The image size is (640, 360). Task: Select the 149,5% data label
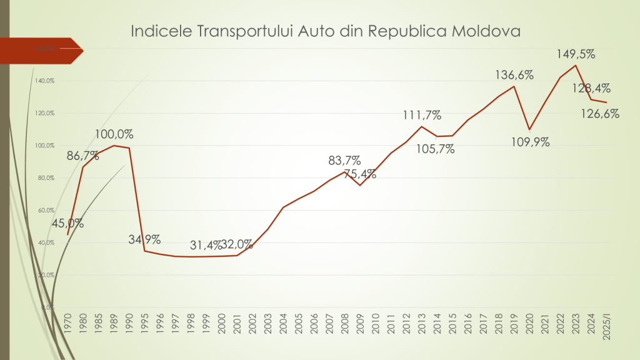(576, 54)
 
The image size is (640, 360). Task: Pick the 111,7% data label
(422, 115)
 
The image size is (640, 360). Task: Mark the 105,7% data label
(435, 149)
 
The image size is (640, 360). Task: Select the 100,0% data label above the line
(114, 134)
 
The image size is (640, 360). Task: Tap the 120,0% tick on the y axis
(46, 113)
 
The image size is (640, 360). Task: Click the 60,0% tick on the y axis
(46, 210)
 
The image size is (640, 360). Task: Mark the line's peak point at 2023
(576, 66)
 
